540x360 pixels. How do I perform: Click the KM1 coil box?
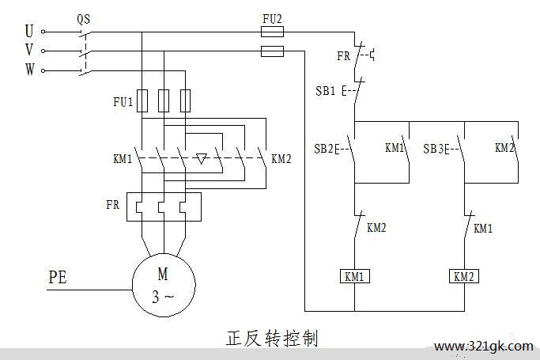tap(354, 276)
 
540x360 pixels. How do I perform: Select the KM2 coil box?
tap(464, 276)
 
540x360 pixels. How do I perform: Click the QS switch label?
tap(84, 19)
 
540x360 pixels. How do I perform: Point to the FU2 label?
tap(272, 19)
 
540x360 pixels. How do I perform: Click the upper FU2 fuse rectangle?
tap(273, 32)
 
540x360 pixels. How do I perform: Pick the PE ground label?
tap(58, 278)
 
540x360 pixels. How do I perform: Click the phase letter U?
tap(29, 31)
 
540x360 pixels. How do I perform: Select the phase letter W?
tap(29, 70)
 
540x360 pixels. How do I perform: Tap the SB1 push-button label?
tap(326, 91)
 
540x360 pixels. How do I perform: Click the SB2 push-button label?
tap(324, 149)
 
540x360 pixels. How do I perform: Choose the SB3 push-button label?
tap(433, 149)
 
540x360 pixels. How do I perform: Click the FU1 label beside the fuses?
tap(123, 102)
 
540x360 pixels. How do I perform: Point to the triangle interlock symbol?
tap(201, 159)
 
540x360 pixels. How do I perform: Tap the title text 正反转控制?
tap(272, 338)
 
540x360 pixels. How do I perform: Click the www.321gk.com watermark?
tap(484, 346)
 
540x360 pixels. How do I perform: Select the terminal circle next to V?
tap(43, 51)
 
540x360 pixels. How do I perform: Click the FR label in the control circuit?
tap(343, 56)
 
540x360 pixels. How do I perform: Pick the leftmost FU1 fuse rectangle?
tap(142, 100)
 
